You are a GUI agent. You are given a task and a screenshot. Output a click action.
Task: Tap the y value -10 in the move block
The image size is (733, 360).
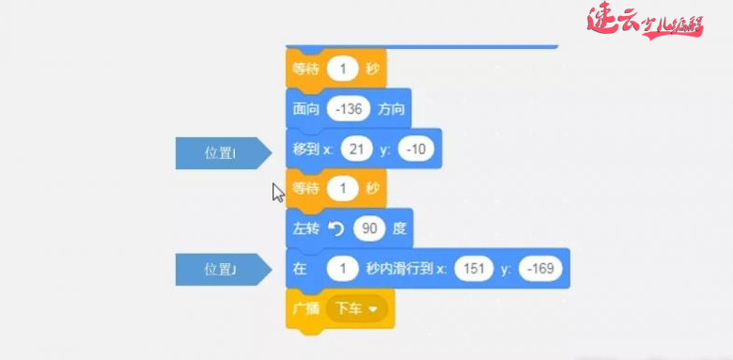coord(414,149)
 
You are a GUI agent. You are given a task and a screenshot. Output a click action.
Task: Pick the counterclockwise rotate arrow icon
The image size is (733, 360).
coord(335,228)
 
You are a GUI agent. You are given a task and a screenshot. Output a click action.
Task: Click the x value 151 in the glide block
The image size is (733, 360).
coord(474,270)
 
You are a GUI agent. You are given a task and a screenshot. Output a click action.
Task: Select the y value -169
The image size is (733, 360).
coord(539,270)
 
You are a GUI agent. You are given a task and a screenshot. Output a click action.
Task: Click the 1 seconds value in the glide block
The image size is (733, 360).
coord(344,270)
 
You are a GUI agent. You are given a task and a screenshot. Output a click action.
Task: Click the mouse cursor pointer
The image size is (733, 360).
coord(277,192)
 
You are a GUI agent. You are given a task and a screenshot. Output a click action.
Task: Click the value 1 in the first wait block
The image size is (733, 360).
coord(344,69)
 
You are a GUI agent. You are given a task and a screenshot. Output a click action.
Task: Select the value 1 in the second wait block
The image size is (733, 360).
coord(344,189)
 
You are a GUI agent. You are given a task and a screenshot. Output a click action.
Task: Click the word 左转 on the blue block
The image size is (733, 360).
coord(306,228)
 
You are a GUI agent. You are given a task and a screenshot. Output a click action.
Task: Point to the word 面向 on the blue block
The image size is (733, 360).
coord(306,109)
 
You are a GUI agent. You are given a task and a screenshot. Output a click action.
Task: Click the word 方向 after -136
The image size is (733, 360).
coord(391,109)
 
